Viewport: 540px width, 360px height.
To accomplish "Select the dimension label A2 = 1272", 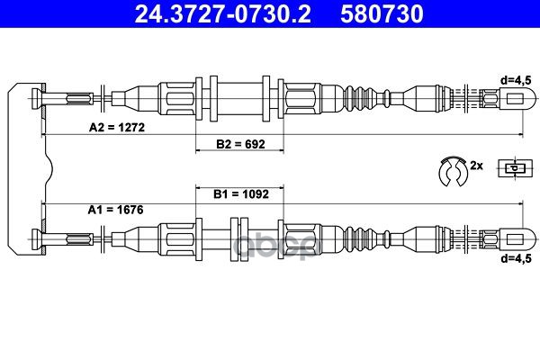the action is click(117, 127).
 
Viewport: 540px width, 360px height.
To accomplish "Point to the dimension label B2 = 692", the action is click(240, 144).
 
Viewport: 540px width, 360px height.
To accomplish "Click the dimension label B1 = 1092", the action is click(240, 193).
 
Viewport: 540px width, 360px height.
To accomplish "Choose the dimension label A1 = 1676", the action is click(117, 210).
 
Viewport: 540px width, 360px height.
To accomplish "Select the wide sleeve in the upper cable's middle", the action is click(238, 98).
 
